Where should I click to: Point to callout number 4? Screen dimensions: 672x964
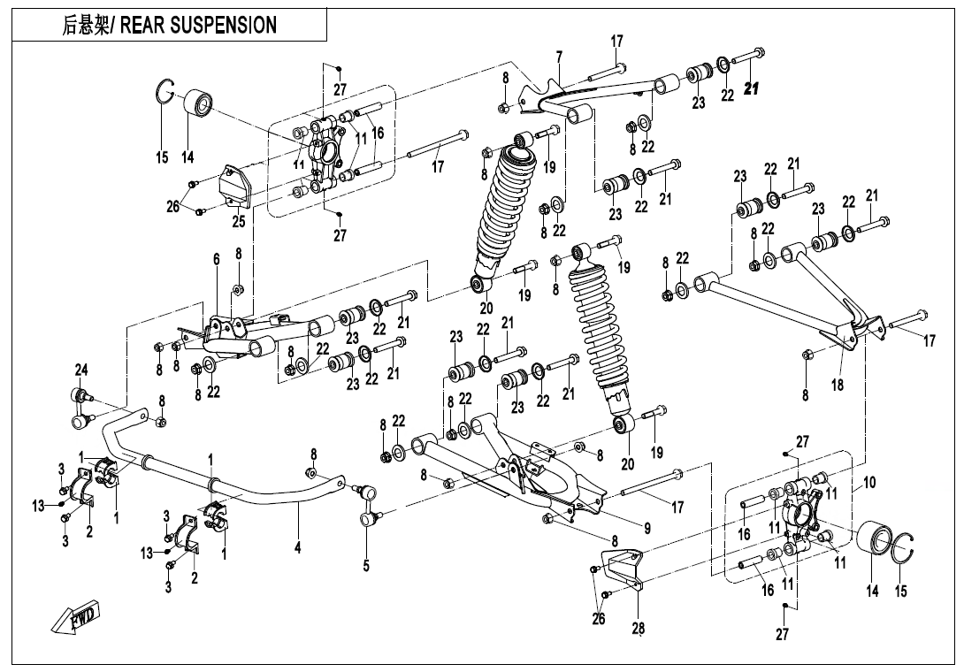point(298,549)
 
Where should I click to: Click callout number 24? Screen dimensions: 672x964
point(80,369)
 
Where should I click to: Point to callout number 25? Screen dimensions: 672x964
point(239,222)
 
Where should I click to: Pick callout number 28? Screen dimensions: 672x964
point(638,630)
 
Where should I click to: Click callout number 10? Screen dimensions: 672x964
point(870,483)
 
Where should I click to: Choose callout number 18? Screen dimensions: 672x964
point(838,386)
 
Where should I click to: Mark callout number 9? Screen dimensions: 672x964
point(646,528)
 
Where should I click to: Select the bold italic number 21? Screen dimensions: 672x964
point(753,88)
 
